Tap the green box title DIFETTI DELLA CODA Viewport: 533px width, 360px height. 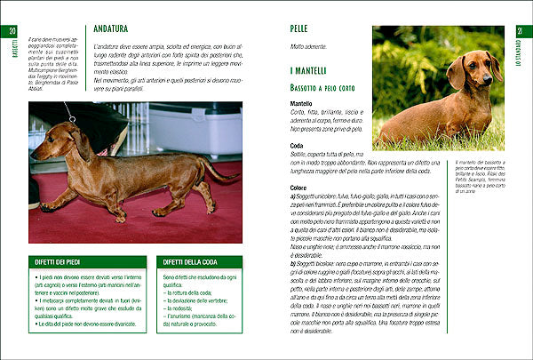click(192, 263)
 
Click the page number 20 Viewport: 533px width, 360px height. click(13, 32)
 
